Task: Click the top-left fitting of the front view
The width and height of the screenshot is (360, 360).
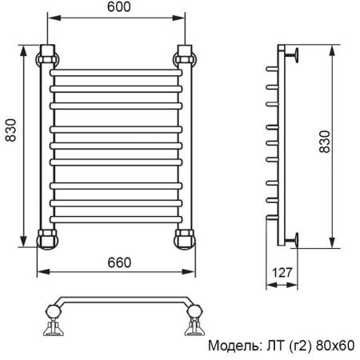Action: click(48, 58)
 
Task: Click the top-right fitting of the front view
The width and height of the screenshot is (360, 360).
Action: click(185, 58)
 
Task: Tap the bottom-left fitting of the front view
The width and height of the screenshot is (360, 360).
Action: click(48, 238)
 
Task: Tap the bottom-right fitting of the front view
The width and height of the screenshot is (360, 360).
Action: click(185, 238)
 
